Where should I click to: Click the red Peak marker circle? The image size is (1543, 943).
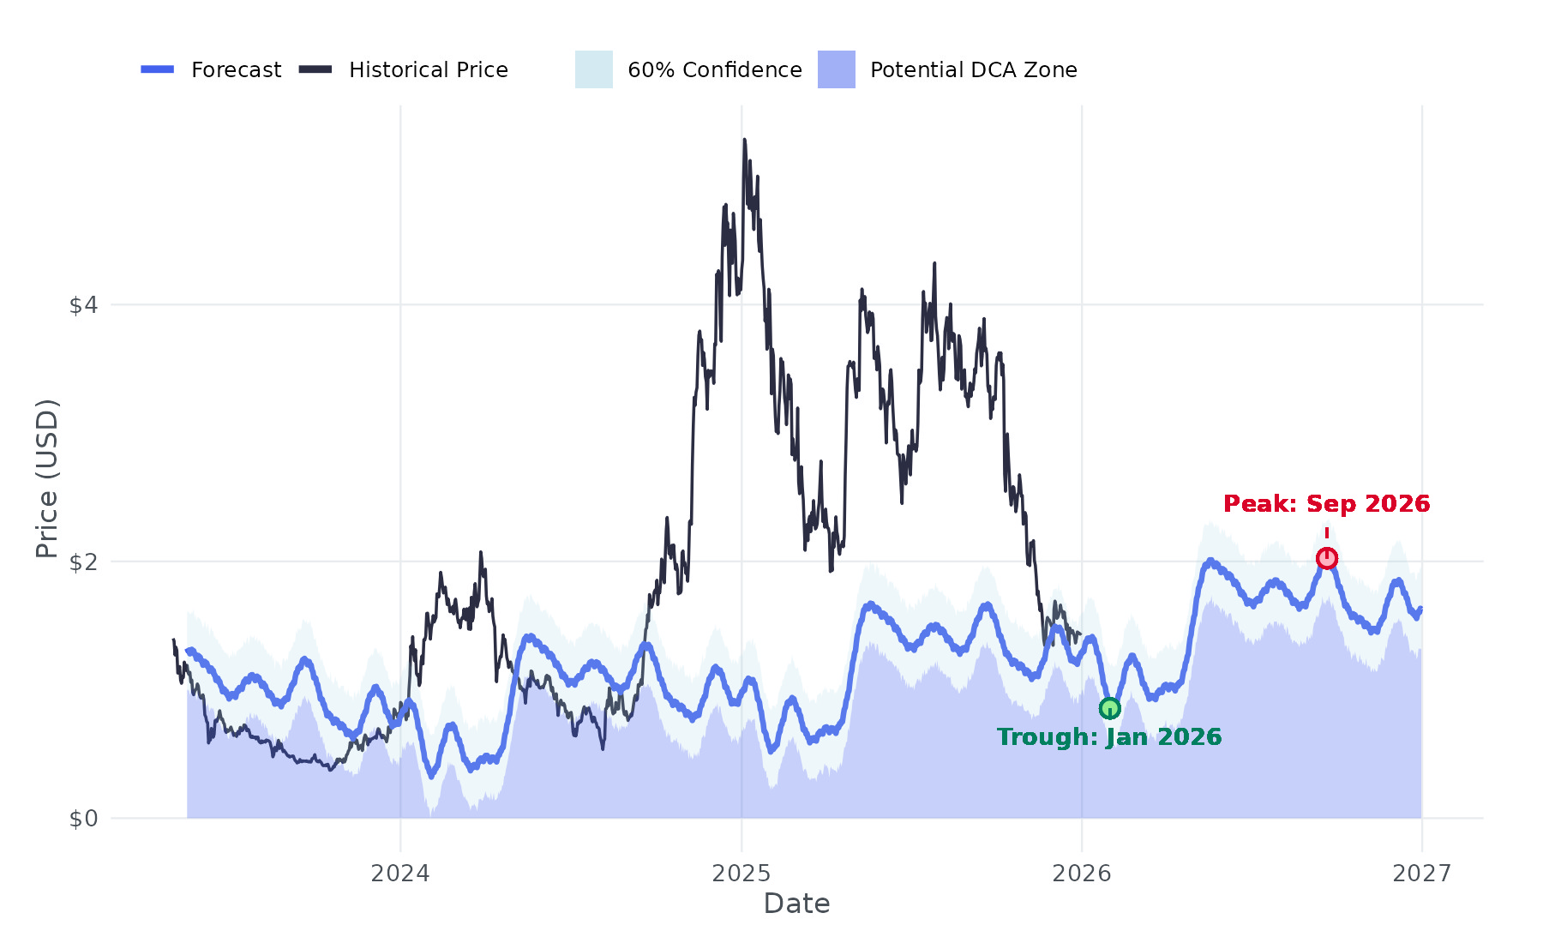tap(1326, 559)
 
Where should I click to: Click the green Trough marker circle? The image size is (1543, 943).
tap(1109, 708)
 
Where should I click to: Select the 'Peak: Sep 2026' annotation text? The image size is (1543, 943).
tap(1326, 504)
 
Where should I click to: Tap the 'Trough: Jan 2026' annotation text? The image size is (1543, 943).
tap(1109, 737)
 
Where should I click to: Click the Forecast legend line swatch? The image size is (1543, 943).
tap(158, 69)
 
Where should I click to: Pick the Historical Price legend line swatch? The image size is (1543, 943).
tap(315, 69)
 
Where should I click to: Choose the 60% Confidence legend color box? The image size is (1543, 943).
tap(594, 69)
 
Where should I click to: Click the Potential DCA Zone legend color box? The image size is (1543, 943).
tap(837, 69)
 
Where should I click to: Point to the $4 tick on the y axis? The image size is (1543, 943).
tap(84, 305)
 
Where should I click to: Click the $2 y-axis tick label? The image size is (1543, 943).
tap(84, 562)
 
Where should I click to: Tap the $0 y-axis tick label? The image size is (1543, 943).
tap(84, 820)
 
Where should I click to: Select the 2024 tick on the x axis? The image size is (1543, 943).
tap(400, 874)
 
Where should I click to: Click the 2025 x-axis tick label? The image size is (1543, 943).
tap(741, 874)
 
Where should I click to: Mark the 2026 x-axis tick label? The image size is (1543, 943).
tap(1082, 874)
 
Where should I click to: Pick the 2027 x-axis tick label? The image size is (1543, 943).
tap(1422, 874)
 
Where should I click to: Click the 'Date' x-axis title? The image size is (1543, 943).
tap(796, 904)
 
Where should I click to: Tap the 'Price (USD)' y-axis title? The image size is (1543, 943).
tap(47, 478)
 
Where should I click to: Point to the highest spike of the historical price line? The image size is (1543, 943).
tap(744, 140)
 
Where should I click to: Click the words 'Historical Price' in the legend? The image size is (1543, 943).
tap(429, 69)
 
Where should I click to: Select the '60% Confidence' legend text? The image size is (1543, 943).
tap(715, 69)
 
